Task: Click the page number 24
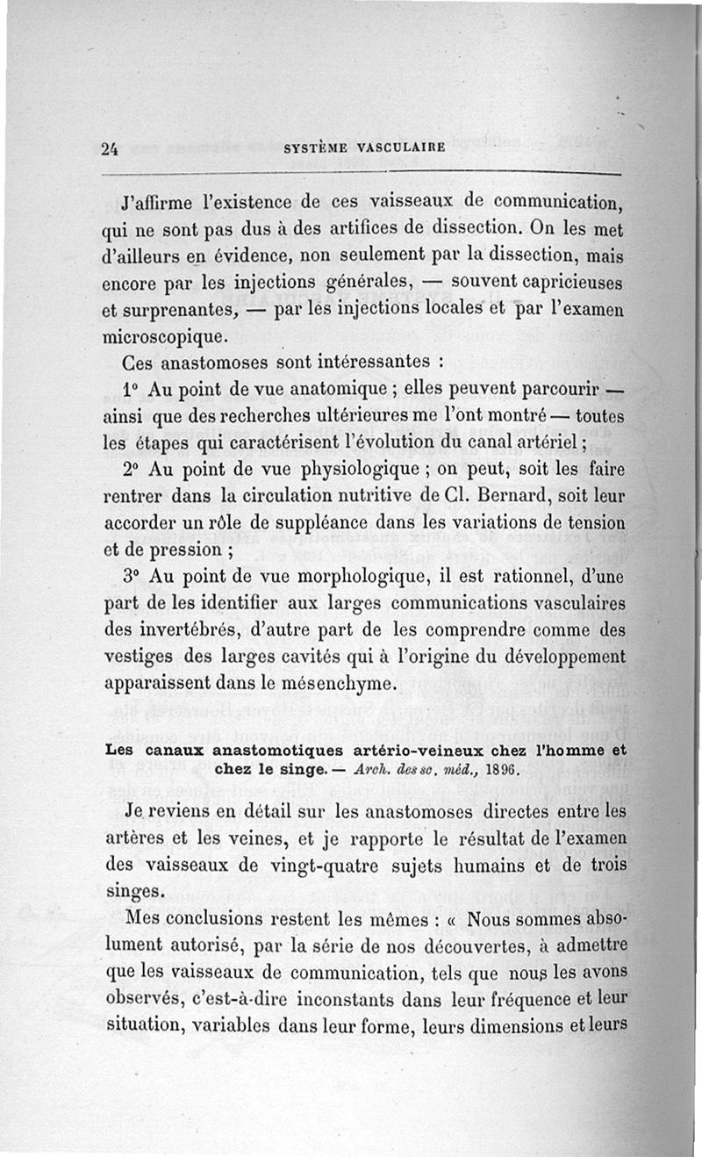coord(110,148)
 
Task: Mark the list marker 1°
coord(132,387)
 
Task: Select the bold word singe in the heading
coord(257,767)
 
